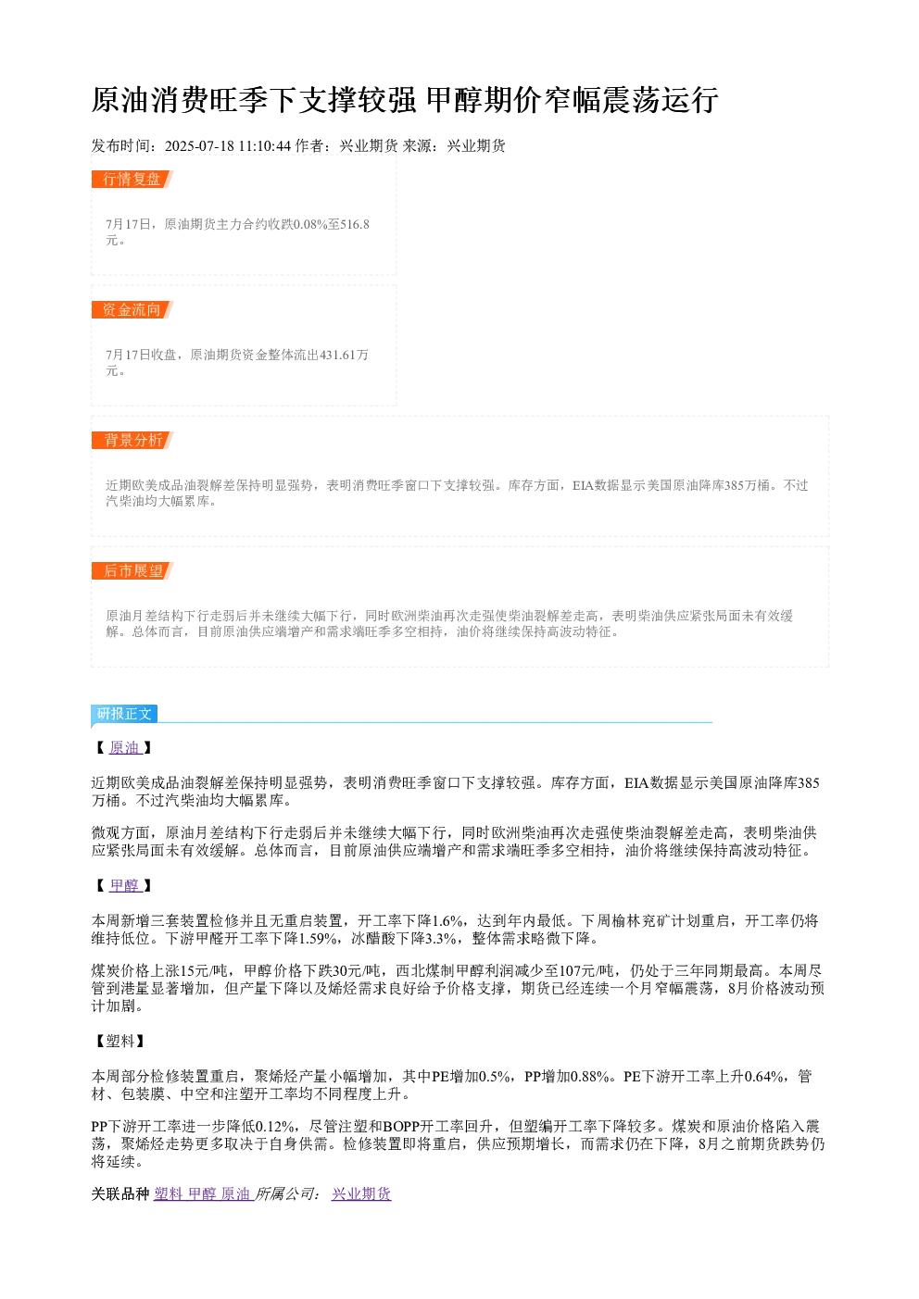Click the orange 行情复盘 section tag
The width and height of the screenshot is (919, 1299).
coord(132,180)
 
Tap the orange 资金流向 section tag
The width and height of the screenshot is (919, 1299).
coord(132,309)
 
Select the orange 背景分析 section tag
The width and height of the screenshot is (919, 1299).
coord(132,440)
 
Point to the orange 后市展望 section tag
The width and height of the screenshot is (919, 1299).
coord(132,570)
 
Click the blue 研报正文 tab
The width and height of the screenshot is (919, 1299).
coord(124,713)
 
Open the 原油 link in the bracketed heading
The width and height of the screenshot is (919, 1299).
coord(125,747)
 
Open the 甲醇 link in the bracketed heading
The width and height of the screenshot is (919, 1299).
coord(125,885)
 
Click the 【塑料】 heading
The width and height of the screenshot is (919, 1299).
coord(120,1041)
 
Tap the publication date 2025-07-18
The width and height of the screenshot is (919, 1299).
coord(198,146)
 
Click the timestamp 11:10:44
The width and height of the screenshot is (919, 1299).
coord(265,146)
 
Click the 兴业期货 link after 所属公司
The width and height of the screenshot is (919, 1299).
coord(361,1193)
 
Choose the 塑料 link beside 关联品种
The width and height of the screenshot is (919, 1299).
coord(169,1193)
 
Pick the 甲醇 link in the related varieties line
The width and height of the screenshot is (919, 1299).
coord(202,1193)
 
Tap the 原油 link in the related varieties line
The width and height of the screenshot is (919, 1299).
coord(235,1193)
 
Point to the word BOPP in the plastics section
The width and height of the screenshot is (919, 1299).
coord(401,1126)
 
